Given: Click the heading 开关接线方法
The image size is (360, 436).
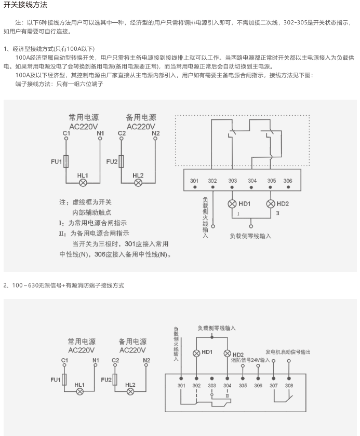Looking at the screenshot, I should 25,6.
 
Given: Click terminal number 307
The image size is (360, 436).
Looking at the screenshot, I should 273,385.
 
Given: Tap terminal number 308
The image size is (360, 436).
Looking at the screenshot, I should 289,385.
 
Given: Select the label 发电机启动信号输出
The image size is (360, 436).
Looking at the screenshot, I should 288,352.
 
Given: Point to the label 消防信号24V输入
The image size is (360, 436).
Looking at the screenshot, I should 251,359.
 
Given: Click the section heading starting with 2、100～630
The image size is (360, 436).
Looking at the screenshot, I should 64,285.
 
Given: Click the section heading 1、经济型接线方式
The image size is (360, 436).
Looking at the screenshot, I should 49,48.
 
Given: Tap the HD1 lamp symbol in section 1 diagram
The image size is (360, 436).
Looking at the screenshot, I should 232,203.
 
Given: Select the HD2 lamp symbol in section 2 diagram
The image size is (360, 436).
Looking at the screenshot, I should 227,353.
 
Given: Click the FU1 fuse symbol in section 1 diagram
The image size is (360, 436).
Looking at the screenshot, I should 65,161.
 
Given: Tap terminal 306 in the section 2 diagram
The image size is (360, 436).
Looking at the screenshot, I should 258,385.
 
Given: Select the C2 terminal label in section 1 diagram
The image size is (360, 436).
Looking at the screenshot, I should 122,133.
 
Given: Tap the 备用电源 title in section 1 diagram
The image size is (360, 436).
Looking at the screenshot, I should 141,117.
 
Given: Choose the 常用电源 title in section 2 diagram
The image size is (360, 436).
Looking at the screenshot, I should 82,342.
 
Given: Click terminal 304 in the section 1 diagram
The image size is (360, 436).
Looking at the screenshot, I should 252,180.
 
